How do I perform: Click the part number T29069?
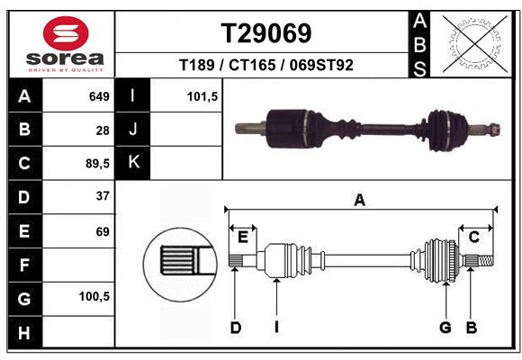tap(266, 33)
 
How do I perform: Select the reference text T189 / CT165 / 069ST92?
tap(266, 65)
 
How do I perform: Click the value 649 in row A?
tap(99, 96)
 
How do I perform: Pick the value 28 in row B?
tap(103, 130)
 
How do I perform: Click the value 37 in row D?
tap(103, 196)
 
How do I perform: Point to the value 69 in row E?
tap(103, 230)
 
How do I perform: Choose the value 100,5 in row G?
tap(94, 297)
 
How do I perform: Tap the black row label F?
tap(23, 265)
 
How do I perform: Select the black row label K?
tap(133, 163)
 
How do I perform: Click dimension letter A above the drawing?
tap(359, 201)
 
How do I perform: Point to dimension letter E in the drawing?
tap(243, 237)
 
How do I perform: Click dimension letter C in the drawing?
tap(473, 237)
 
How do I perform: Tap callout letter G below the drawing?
tap(445, 328)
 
